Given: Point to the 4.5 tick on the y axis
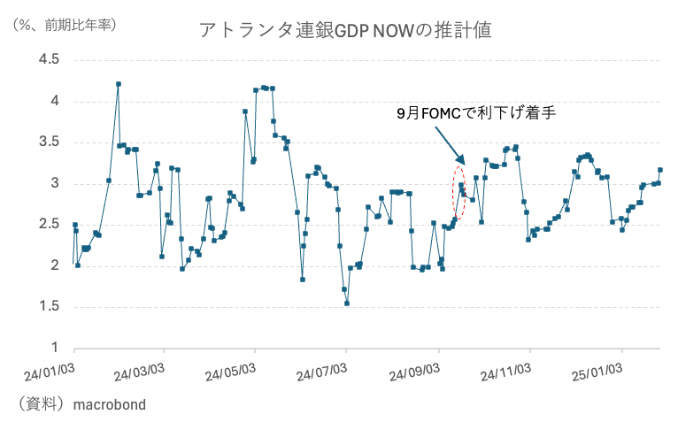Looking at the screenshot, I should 47,60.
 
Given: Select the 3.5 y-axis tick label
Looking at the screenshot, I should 47,142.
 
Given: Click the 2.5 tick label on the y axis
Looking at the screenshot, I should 47,225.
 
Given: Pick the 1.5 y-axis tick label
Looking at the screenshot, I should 47,307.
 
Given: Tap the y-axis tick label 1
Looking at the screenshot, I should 53,348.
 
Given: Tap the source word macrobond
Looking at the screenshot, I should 110,404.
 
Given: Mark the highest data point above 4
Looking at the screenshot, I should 119,84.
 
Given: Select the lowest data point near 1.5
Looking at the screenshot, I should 347,303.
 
